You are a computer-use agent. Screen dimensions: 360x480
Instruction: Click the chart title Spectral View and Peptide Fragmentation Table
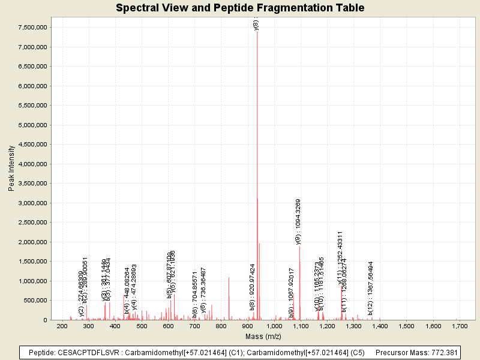tap(240, 8)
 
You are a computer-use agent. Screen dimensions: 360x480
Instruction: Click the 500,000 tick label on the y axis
tap(37, 301)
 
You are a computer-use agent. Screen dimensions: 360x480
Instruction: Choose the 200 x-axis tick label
tap(62, 326)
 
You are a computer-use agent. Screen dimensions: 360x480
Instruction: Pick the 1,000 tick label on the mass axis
tap(274, 326)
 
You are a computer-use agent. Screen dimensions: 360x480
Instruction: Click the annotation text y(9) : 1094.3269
tap(298, 221)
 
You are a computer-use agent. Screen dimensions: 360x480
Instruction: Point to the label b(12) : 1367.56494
tap(371, 288)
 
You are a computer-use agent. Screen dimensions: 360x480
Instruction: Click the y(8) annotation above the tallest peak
tap(256, 25)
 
